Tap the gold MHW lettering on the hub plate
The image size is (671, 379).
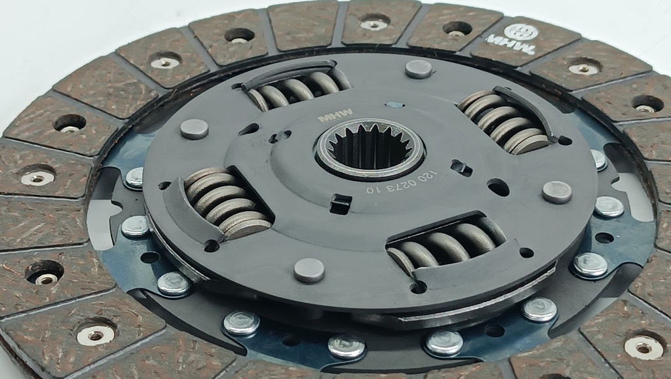pos(335,115)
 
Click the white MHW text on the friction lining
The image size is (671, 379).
pos(511,44)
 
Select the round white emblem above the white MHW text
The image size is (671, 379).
pos(520,31)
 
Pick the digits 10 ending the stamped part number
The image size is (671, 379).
pos(372,189)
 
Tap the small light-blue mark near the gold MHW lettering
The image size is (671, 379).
pos(394,104)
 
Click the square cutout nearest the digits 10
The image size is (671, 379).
pos(341,204)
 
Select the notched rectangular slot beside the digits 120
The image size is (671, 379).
pos(462,168)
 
